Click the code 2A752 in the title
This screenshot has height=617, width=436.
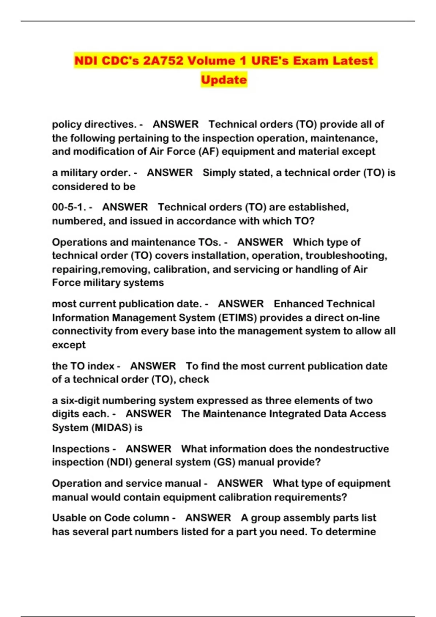pos(163,61)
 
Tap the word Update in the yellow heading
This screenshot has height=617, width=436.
pos(224,79)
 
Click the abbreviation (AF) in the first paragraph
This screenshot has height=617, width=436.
pos(209,151)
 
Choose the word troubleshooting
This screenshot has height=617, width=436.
pos(346,256)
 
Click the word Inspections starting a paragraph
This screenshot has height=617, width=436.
pos(81,449)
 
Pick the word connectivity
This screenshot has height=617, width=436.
pos(82,331)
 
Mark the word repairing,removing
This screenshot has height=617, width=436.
pos(100,269)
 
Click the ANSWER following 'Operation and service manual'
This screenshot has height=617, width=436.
pos(240,483)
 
